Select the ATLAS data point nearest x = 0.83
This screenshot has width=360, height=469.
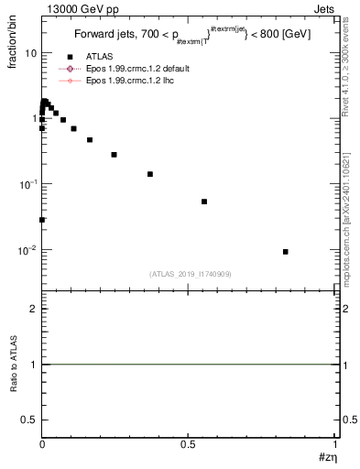pos(286,252)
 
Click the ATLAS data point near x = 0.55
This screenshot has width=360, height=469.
pos(204,202)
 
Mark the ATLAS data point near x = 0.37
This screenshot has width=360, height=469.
pos(150,174)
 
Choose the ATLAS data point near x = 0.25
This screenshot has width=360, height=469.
pos(114,155)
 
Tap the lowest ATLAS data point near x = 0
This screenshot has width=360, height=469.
pos(42,220)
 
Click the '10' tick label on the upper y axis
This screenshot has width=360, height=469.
pos(30,53)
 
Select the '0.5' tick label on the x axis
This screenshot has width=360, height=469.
pos(188,443)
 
